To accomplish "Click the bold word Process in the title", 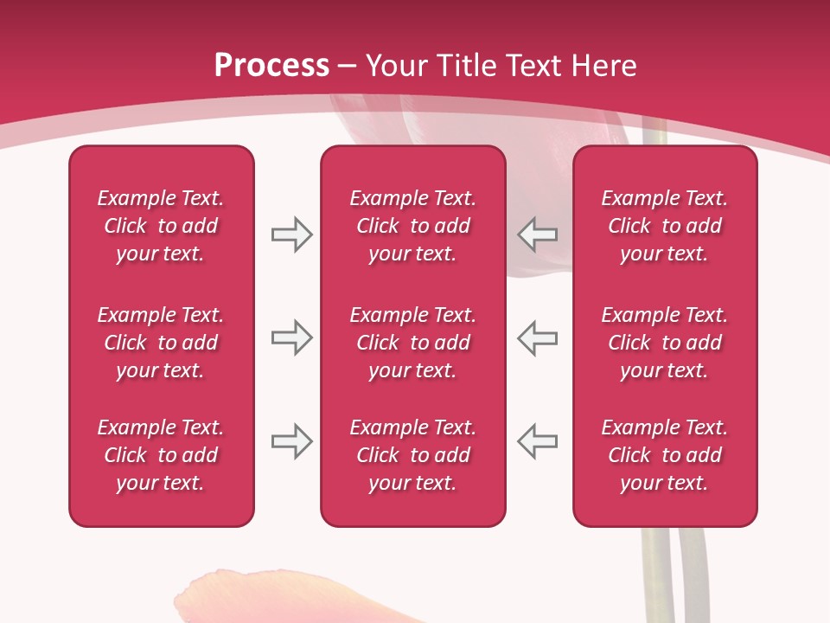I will click(271, 66).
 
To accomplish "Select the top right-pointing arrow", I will click(291, 234).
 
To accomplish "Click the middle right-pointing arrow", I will click(291, 337).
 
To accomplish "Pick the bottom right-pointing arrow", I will click(291, 441).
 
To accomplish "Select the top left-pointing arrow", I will click(538, 234).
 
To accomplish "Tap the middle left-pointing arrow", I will click(538, 337).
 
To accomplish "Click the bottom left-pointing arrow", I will click(538, 441).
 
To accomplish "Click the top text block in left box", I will click(161, 226).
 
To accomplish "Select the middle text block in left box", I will click(161, 343).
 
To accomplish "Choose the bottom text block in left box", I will click(161, 455).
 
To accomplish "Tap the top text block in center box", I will click(412, 226).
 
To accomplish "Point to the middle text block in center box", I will click(412, 343).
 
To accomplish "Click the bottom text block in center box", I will click(412, 455).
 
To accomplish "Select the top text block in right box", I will click(665, 226).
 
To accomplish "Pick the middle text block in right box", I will click(665, 343).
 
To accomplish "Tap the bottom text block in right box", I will click(665, 455).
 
